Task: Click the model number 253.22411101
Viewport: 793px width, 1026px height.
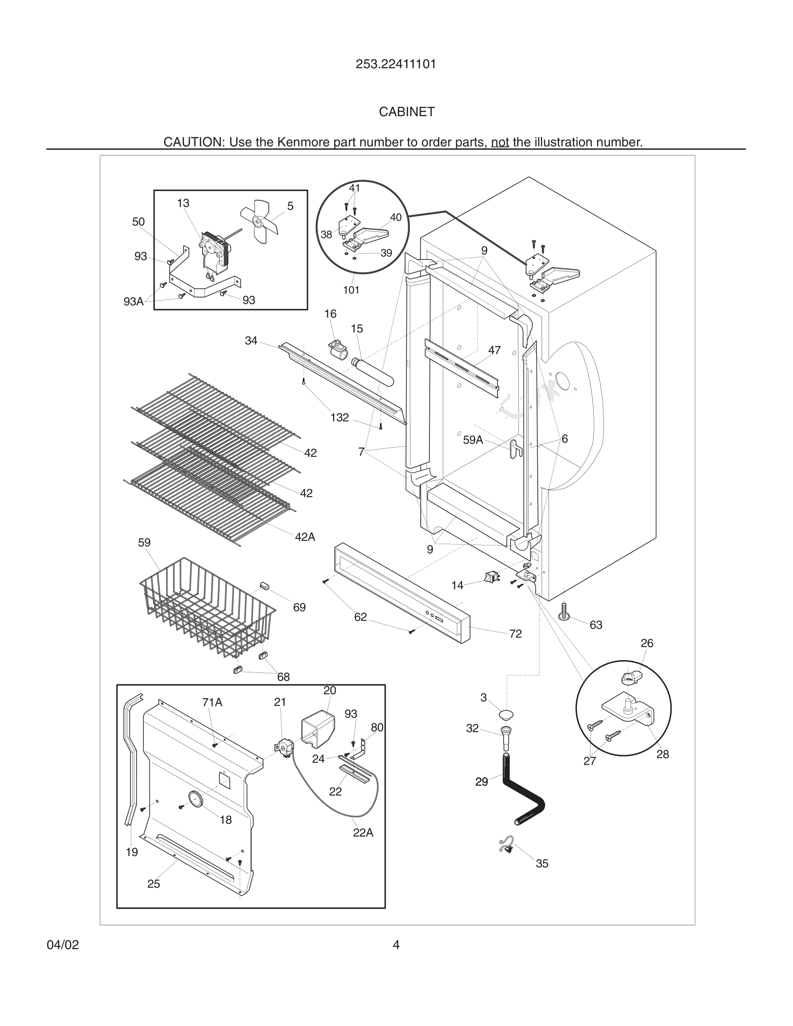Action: tap(396, 64)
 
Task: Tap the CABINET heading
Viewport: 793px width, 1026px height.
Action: tap(407, 112)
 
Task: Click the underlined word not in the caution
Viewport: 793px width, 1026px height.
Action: tap(500, 142)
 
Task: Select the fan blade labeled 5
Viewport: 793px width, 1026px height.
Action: tap(260, 221)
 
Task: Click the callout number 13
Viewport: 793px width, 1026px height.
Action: tap(183, 203)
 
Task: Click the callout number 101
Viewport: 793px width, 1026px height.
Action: tap(351, 290)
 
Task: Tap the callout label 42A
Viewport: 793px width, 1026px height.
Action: tap(305, 536)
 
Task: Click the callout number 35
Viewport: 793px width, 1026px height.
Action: tap(542, 864)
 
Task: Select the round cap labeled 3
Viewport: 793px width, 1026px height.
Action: tap(506, 716)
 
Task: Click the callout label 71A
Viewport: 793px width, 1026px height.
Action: tap(212, 702)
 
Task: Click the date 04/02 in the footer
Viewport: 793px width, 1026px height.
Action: tap(63, 945)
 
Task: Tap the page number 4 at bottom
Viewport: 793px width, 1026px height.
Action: tap(396, 945)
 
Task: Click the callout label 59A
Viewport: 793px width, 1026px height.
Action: tap(473, 440)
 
